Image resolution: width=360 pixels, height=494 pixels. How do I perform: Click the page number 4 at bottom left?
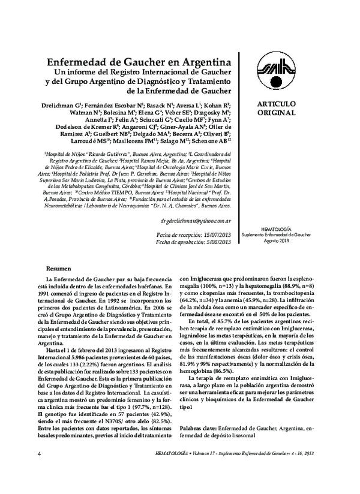tap(39, 471)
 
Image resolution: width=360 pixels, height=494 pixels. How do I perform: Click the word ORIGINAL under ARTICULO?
tap(276, 113)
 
